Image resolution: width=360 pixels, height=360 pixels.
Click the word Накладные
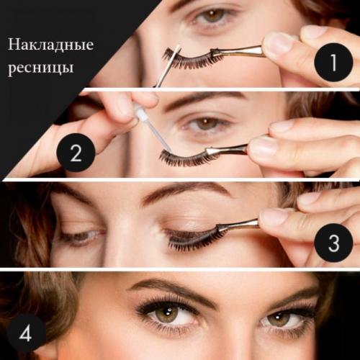pyautogui.click(x=50, y=45)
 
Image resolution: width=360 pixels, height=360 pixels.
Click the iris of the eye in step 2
pyautogui.click(x=207, y=124)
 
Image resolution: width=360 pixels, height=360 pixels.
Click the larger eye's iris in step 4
pyautogui.click(x=168, y=315)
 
